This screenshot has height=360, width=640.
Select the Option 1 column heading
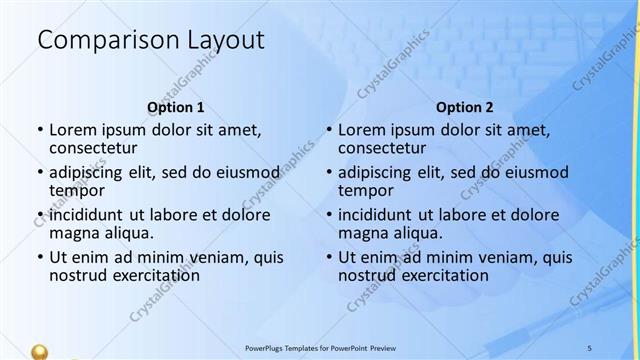pyautogui.click(x=176, y=107)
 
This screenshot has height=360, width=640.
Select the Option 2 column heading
pyautogui.click(x=465, y=107)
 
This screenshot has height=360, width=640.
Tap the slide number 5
pyautogui.click(x=589, y=346)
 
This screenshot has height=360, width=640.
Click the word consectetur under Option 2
pyautogui.click(x=383, y=148)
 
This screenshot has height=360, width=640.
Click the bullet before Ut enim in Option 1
pyautogui.click(x=40, y=257)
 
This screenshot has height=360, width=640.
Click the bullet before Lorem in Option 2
pyautogui.click(x=329, y=129)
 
